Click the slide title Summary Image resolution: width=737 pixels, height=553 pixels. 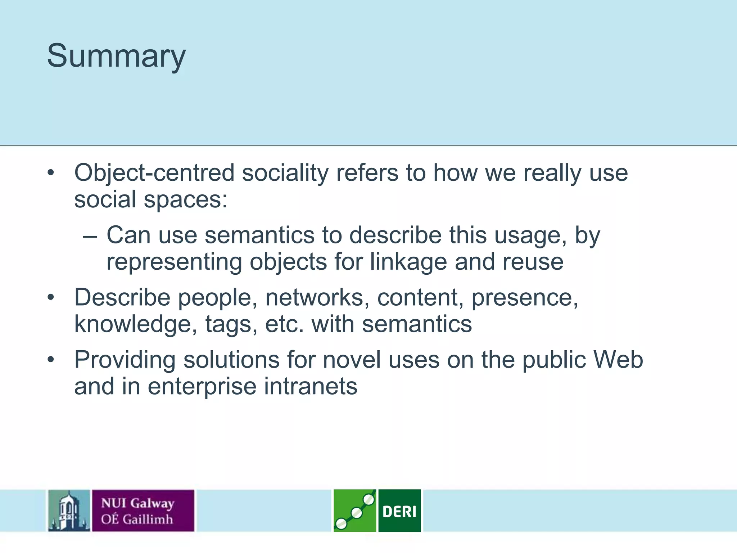(x=116, y=56)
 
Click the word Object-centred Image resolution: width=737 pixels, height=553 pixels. (x=154, y=173)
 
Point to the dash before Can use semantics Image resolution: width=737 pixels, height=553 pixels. (x=89, y=236)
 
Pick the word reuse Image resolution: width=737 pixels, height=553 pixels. (x=533, y=262)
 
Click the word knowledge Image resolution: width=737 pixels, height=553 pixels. (x=136, y=324)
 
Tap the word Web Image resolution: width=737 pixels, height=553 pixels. (x=618, y=360)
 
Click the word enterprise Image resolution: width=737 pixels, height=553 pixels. (x=202, y=386)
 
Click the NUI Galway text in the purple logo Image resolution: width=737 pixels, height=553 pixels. (x=137, y=503)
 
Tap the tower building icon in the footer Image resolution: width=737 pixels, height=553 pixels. (x=69, y=511)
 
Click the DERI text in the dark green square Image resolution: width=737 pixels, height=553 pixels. (x=399, y=511)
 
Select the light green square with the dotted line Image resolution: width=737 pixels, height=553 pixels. (x=354, y=511)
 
